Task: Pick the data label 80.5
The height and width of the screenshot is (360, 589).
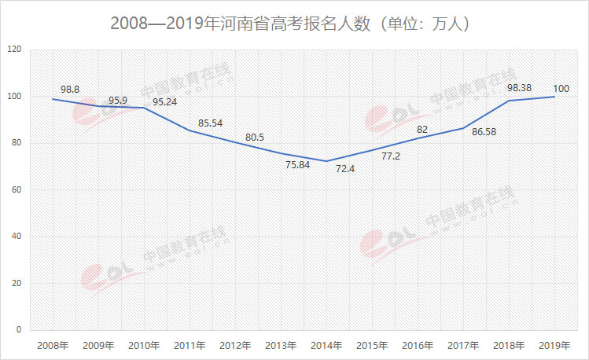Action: pyautogui.click(x=256, y=137)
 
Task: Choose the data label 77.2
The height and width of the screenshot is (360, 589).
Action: pyautogui.click(x=392, y=156)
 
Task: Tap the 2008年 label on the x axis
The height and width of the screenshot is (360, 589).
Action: pyautogui.click(x=53, y=344)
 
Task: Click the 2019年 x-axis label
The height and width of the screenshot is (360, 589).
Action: pyautogui.click(x=554, y=344)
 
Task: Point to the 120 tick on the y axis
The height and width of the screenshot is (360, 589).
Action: pyautogui.click(x=14, y=50)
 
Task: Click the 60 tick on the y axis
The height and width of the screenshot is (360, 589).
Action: pyautogui.click(x=17, y=189)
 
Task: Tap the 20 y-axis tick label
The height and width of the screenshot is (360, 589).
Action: pyautogui.click(x=17, y=283)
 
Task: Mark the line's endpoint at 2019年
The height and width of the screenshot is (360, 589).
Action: pyautogui.click(x=554, y=97)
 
